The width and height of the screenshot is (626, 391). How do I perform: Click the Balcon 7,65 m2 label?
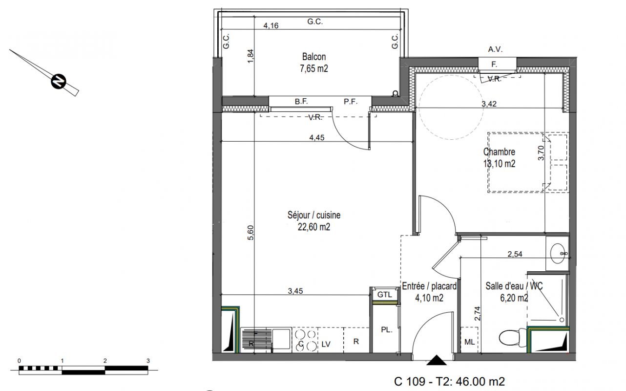[314, 63]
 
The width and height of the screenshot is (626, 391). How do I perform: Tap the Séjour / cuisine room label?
[314, 221]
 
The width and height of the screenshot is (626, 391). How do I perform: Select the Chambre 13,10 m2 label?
[499, 158]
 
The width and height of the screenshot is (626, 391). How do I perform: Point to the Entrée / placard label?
[429, 286]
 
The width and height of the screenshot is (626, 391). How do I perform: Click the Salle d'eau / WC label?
[514, 286]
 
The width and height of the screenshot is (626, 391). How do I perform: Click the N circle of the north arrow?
[59, 82]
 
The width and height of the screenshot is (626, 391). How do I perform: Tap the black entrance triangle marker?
[436, 360]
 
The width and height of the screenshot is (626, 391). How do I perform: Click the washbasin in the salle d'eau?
[557, 253]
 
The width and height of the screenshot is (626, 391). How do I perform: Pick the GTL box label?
[385, 295]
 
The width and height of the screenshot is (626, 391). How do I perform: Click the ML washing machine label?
[470, 342]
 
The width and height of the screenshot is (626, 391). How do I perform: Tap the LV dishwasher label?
[326, 344]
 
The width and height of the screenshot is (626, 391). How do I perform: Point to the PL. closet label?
[387, 330]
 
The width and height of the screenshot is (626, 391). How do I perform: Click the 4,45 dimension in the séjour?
[316, 138]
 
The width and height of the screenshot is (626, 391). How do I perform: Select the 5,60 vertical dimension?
[250, 233]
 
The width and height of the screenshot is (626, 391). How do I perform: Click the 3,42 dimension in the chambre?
[489, 104]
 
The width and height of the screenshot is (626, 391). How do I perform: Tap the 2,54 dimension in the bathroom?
[515, 254]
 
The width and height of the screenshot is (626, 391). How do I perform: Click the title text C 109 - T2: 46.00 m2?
[449, 382]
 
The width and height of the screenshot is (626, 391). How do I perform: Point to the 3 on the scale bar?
[148, 361]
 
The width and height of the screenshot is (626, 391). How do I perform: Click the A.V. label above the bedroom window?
[495, 49]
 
